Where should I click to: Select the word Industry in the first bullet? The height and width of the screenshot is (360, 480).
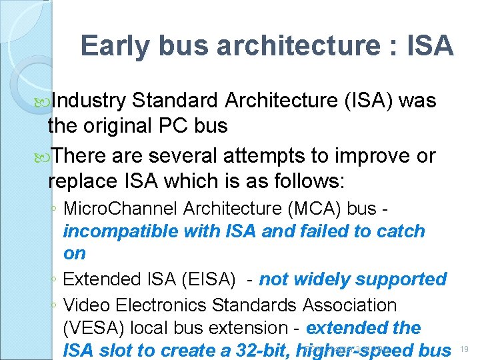click(x=89, y=101)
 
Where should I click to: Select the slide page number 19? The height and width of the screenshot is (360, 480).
click(x=465, y=349)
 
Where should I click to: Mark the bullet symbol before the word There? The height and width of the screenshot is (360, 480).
click(x=44, y=157)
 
